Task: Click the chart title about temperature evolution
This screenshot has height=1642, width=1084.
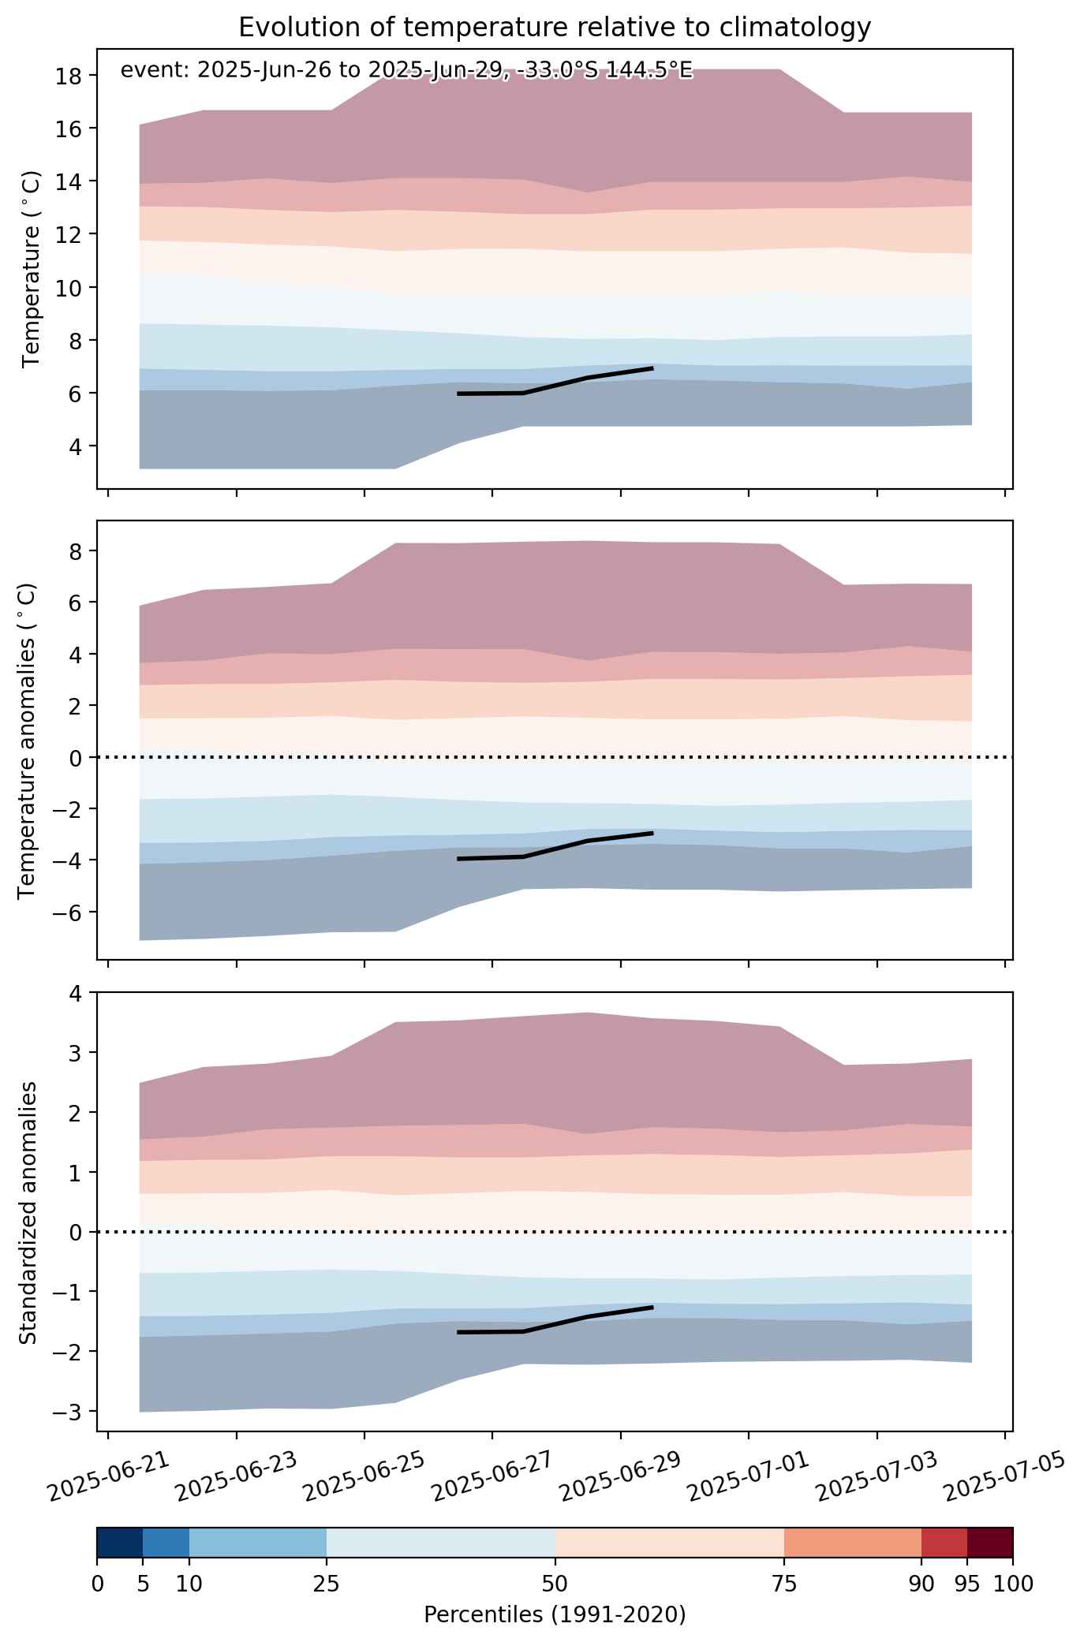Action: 555,28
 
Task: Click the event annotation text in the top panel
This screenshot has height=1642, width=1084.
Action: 406,70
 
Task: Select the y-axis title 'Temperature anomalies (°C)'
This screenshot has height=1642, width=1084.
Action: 28,741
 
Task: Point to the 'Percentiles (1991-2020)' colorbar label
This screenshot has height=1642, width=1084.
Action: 555,1614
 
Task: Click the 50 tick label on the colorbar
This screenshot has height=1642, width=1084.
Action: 555,1584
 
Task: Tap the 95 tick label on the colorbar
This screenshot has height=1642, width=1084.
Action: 967,1584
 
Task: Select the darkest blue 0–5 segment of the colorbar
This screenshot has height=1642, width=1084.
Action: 120,1543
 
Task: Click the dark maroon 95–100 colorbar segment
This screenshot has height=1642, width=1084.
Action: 990,1543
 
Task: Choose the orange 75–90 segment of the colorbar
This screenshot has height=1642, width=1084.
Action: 853,1543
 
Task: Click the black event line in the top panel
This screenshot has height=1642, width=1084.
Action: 555,386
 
